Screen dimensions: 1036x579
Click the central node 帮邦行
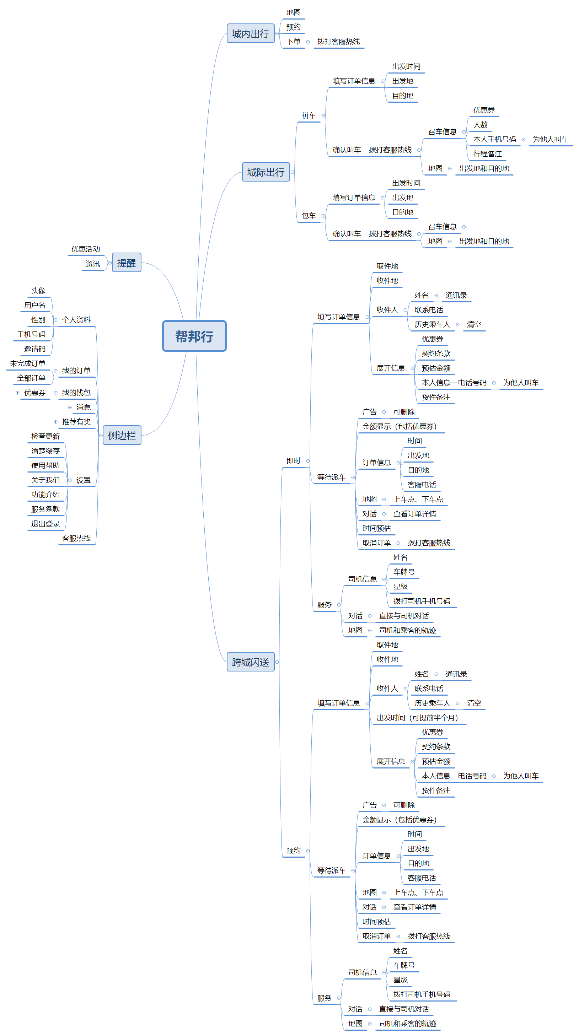194,336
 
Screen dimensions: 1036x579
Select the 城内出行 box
250,33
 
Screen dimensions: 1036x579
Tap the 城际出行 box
266,172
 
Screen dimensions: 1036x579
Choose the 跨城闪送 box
250,662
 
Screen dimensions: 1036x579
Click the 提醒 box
126,263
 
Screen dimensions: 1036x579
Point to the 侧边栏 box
122,435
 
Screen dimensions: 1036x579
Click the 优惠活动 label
85,249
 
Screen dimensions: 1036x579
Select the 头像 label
38,291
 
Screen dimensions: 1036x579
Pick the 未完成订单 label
27,363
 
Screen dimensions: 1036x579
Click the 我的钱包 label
76,393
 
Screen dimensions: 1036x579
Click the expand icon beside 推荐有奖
55,422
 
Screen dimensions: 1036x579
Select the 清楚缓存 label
45,451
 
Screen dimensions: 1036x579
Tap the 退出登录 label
45,524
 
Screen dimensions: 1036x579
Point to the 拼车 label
308,116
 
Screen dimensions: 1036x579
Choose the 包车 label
308,216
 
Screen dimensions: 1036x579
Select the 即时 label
293,461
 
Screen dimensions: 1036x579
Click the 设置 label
83,480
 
